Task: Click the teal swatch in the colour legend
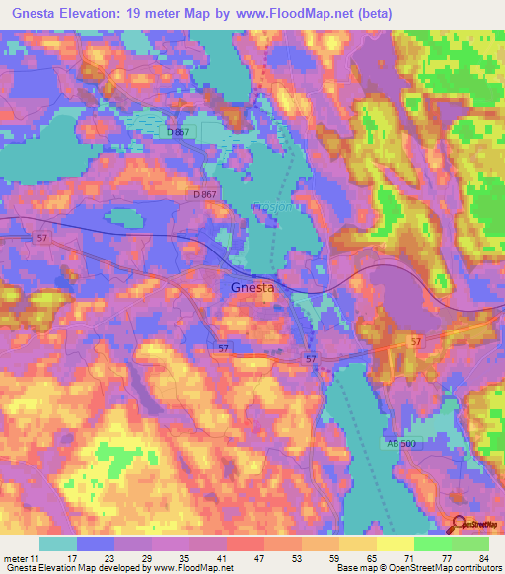(58, 543)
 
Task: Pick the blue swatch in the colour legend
(96, 543)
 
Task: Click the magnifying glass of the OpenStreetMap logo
(457, 522)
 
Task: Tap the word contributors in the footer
(477, 568)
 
